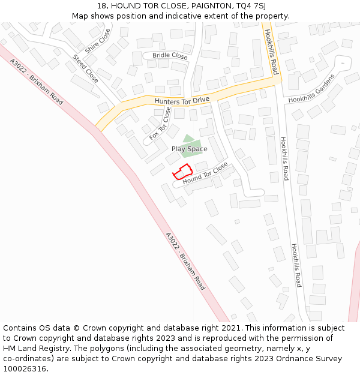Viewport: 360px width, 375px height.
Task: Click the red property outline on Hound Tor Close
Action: [x=182, y=171]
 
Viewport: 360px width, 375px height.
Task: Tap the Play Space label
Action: [x=189, y=149]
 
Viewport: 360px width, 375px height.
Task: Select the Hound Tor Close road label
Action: [x=205, y=173]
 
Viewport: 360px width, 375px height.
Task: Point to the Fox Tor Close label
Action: [x=160, y=123]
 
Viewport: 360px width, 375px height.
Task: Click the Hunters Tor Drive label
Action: [x=182, y=100]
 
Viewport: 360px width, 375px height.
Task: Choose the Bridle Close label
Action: [x=170, y=56]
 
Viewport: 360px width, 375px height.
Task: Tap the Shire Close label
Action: [x=98, y=41]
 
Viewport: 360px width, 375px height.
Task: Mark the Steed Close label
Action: [x=85, y=68]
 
